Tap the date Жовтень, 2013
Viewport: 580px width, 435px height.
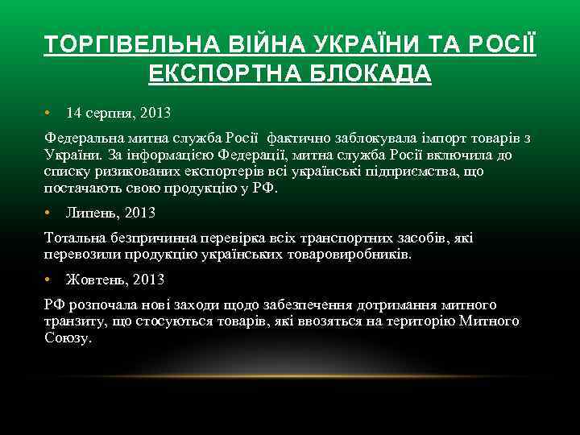tap(115, 280)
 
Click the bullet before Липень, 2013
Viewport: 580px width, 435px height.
tap(48, 213)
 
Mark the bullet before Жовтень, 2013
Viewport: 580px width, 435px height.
tap(48, 280)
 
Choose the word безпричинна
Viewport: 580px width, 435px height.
tap(171, 238)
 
